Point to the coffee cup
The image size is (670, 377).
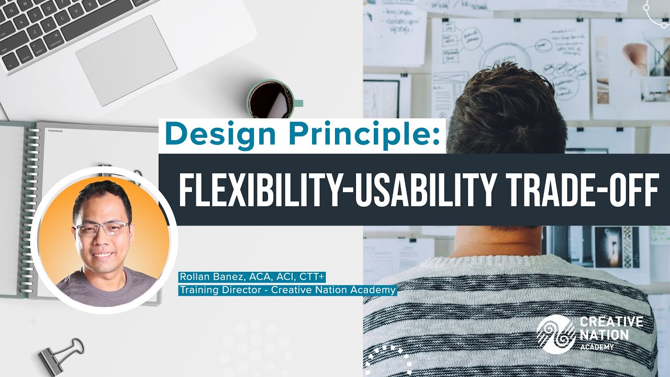point(271,99)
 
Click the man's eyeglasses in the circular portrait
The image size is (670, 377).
point(102,229)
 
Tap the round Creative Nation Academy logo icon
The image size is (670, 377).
point(555,334)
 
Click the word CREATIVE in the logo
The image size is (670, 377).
point(610,322)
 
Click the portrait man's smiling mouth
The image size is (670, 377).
point(103,255)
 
